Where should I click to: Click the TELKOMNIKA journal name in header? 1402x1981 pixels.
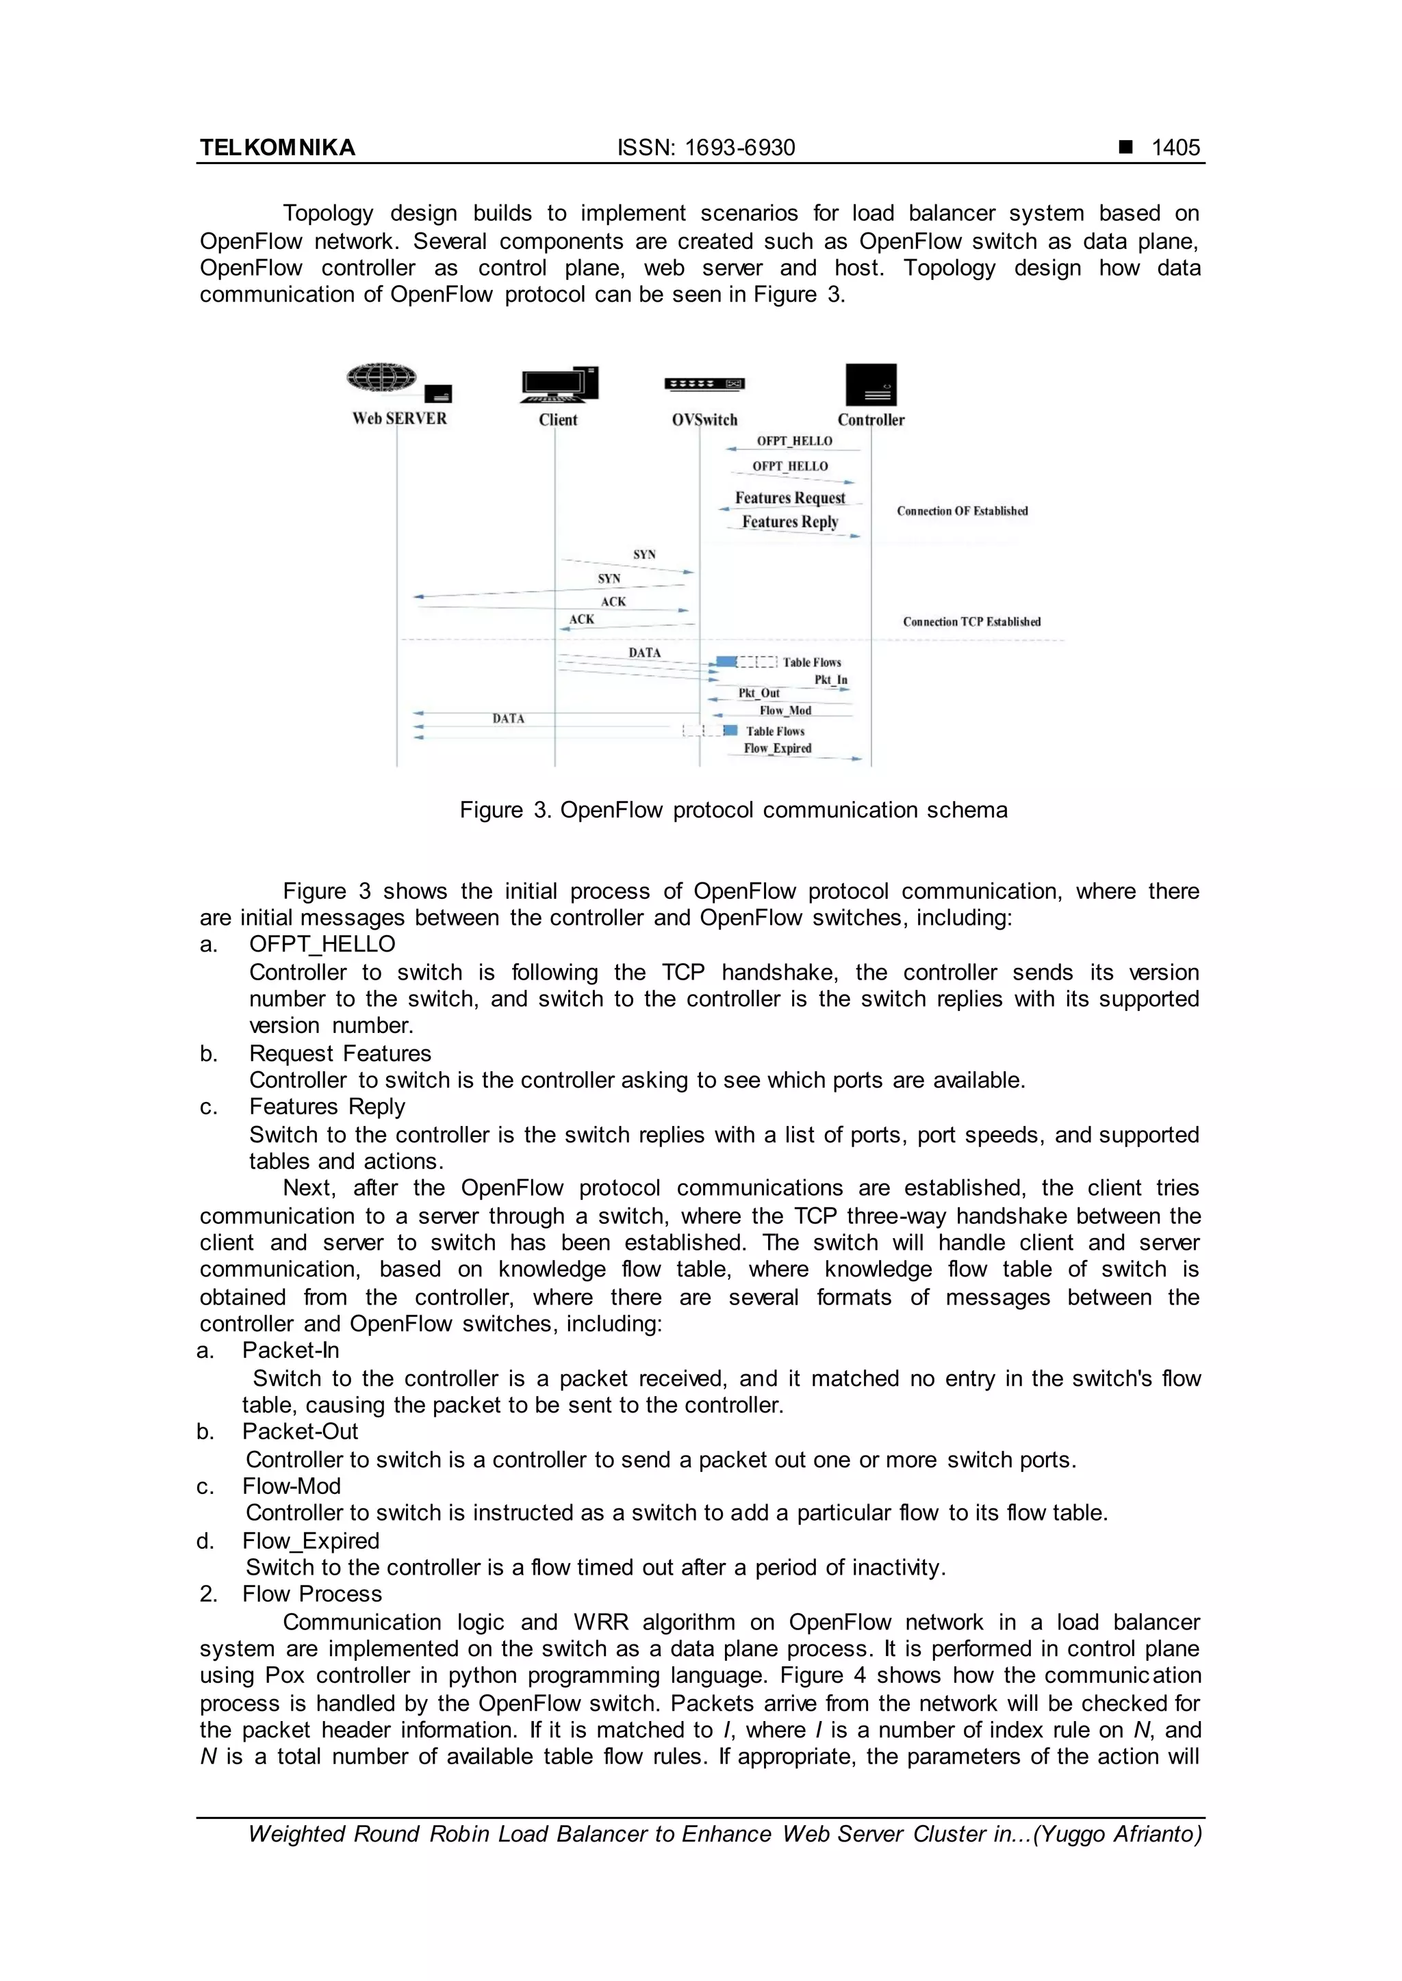coord(277,148)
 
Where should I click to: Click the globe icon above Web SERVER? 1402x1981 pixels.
coord(381,378)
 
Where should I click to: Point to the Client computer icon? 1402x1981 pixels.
coord(559,385)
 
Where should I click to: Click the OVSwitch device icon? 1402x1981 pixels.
coord(704,384)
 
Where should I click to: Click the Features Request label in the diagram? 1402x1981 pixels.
coord(790,498)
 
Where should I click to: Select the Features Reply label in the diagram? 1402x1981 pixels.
coord(790,522)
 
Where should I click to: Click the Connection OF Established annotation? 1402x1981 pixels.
coord(962,511)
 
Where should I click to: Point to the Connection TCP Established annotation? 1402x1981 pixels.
coord(971,621)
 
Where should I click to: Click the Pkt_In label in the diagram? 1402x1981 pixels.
coord(830,680)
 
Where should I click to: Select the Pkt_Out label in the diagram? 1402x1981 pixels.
coord(758,693)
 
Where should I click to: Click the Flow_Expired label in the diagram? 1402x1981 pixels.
coord(777,749)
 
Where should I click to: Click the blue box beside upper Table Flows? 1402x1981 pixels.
coord(726,661)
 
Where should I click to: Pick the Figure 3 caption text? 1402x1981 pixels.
coord(733,810)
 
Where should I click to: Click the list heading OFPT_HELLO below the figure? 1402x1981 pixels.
coord(322,944)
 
